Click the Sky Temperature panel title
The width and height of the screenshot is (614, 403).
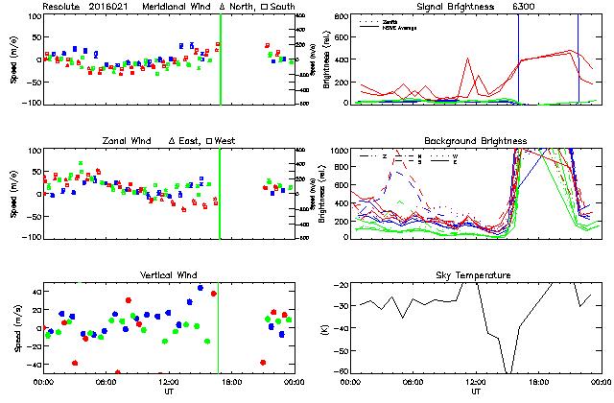(x=476, y=275)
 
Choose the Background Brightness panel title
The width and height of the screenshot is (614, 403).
(x=476, y=140)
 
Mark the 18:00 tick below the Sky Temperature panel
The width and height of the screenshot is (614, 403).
(x=538, y=382)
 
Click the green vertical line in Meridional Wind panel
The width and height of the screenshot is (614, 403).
(x=221, y=58)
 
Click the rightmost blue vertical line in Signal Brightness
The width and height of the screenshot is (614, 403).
(x=579, y=58)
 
